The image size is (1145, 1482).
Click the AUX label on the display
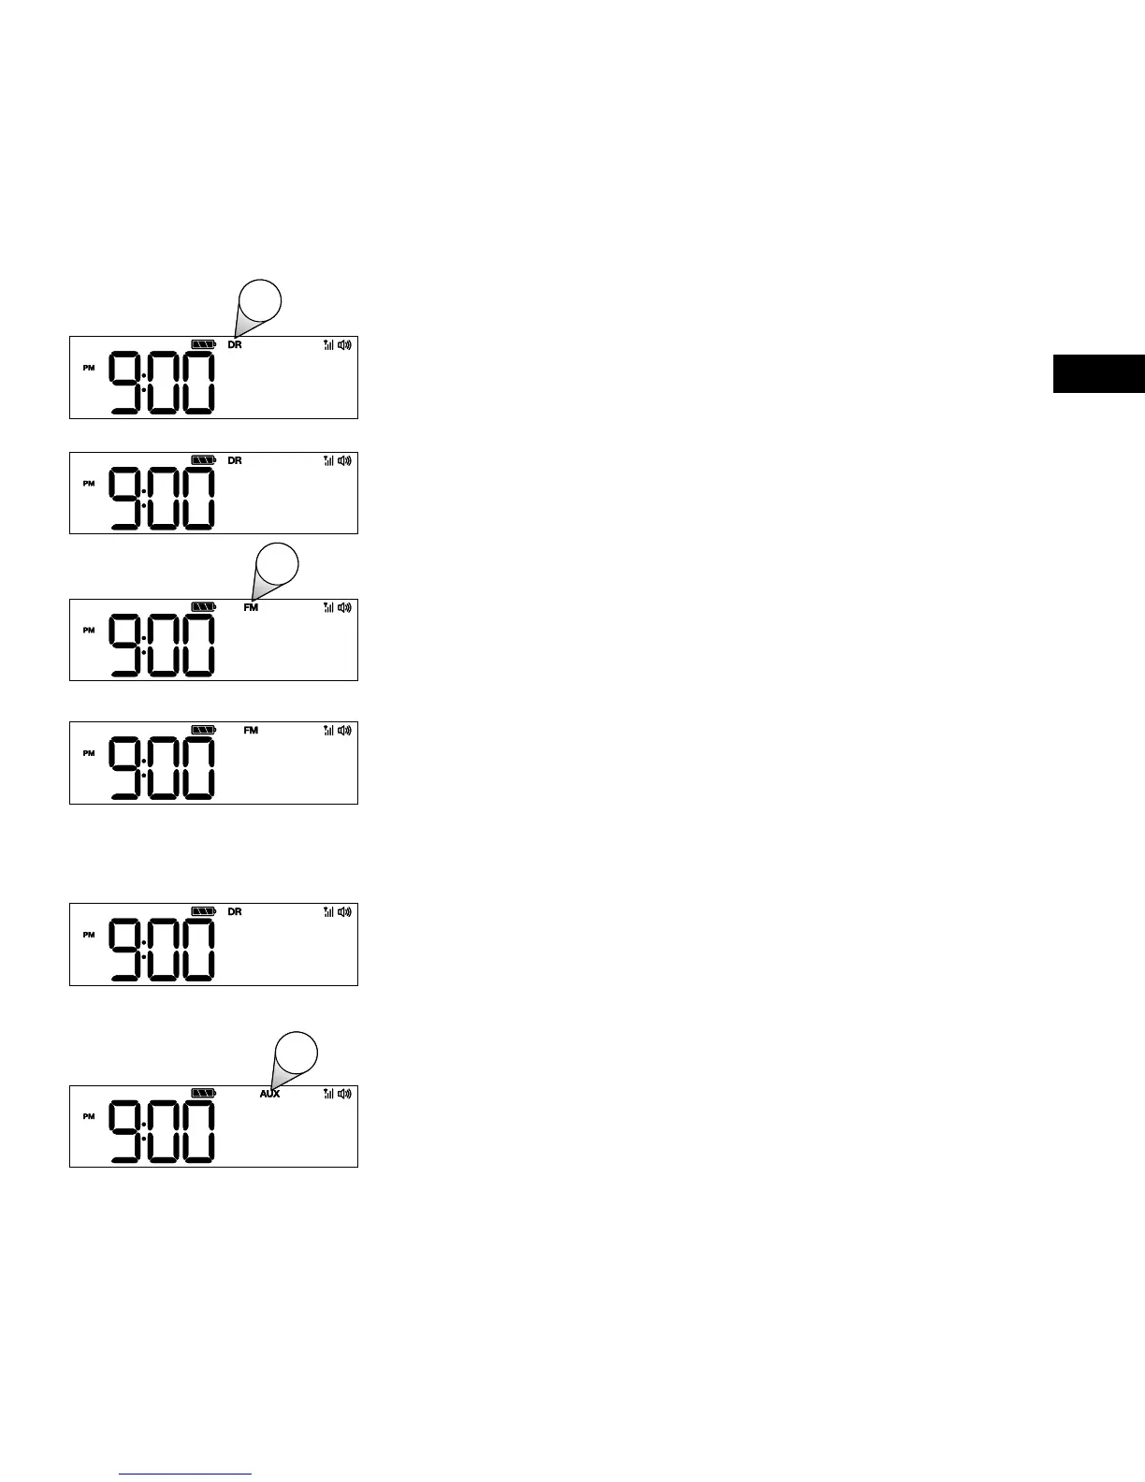point(269,1094)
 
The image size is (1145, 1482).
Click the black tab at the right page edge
point(1098,373)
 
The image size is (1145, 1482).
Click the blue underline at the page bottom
point(186,1475)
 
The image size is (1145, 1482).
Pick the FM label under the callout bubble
point(251,607)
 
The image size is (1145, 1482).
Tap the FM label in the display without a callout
point(251,731)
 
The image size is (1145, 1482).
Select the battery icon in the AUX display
point(203,1093)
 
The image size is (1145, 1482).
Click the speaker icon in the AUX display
point(345,1093)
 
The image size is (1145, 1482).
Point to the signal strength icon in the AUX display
point(328,1093)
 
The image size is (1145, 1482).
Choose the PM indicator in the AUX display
point(89,1116)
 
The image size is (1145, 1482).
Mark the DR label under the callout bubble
point(235,345)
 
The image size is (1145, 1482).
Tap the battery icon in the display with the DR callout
point(203,344)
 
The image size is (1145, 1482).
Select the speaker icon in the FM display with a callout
point(345,607)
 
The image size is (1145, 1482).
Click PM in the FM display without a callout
point(89,753)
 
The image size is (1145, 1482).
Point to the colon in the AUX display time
point(144,1131)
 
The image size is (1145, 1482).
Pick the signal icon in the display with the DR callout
point(328,344)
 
